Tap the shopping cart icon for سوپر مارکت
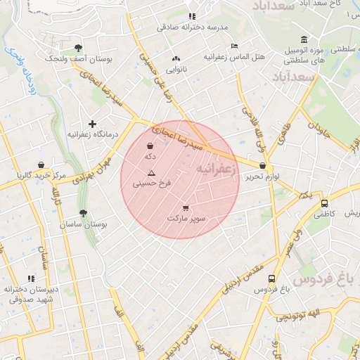186,207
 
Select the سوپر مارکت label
186,219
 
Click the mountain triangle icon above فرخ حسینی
151,172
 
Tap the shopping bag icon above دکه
150,146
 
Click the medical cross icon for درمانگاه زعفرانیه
92,124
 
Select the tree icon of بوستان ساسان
84,213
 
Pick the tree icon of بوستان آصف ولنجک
77,49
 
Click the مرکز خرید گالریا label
41,175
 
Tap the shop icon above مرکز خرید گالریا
41,165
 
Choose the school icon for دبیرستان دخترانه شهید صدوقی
30,278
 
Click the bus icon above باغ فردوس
272,278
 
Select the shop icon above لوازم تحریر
263,167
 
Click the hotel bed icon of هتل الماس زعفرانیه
234,46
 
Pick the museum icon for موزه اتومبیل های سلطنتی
303,39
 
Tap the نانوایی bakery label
176,70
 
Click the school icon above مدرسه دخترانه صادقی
192,15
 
